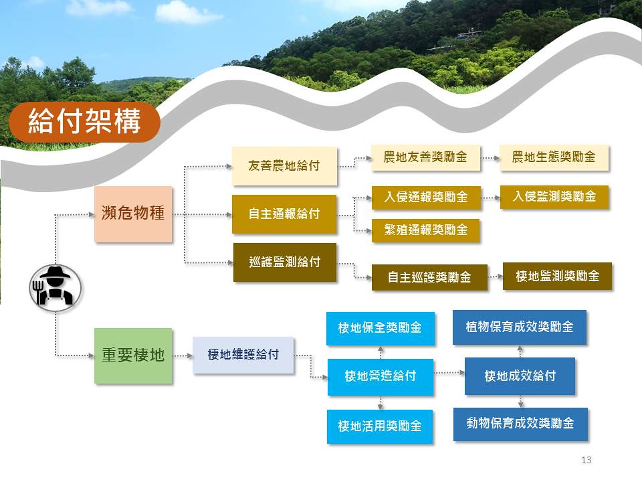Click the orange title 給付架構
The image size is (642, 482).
pos(84,122)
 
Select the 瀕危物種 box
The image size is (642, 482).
pos(133,214)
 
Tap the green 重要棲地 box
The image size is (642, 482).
pos(133,355)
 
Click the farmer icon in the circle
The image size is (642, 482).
pos(56,288)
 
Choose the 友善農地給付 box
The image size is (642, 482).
pos(285,166)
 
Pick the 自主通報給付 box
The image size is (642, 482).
pos(285,214)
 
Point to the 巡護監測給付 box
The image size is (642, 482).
pos(285,262)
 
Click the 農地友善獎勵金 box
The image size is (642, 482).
pos(426,157)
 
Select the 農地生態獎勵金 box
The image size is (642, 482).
pos(554,157)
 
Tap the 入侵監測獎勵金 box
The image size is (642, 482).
pos(554,197)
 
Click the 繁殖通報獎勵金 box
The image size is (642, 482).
pos(426,230)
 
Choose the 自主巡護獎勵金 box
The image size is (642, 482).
pos(429,277)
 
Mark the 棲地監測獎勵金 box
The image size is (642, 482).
pos(557,276)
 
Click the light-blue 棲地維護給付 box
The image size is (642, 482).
pos(243,355)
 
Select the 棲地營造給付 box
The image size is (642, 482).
pos(381,377)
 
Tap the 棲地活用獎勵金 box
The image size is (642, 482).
pos(380,426)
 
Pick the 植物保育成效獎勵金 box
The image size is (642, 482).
pos(520,327)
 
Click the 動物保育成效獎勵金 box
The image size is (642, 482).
pos(520,424)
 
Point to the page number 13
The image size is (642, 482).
pos(586,460)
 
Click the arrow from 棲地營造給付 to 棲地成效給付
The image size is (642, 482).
pos(449,373)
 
